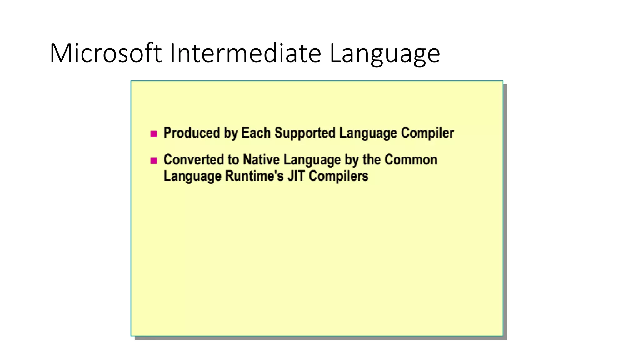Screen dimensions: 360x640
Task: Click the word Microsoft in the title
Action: [106, 53]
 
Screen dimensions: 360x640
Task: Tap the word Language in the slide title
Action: [385, 54]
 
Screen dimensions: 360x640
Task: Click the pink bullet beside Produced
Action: [153, 134]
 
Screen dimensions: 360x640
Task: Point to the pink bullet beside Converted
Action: [153, 161]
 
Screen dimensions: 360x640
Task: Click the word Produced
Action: [192, 133]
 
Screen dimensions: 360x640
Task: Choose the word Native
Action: [261, 160]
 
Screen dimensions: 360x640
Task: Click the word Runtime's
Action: [254, 176]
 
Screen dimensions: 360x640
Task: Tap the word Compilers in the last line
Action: [338, 176]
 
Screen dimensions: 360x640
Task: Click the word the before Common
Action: [371, 160]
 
